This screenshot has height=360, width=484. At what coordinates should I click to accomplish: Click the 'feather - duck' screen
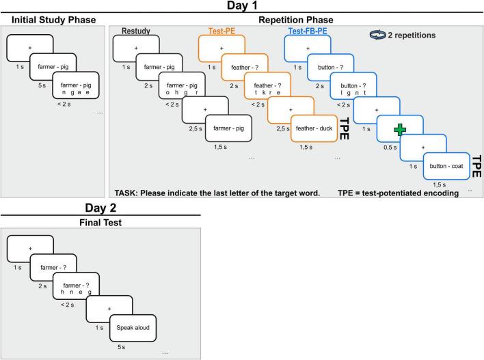pos(314,127)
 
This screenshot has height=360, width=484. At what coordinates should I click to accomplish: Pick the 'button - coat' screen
pos(446,165)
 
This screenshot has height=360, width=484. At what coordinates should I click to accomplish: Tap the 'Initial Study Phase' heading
pos(52,20)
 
